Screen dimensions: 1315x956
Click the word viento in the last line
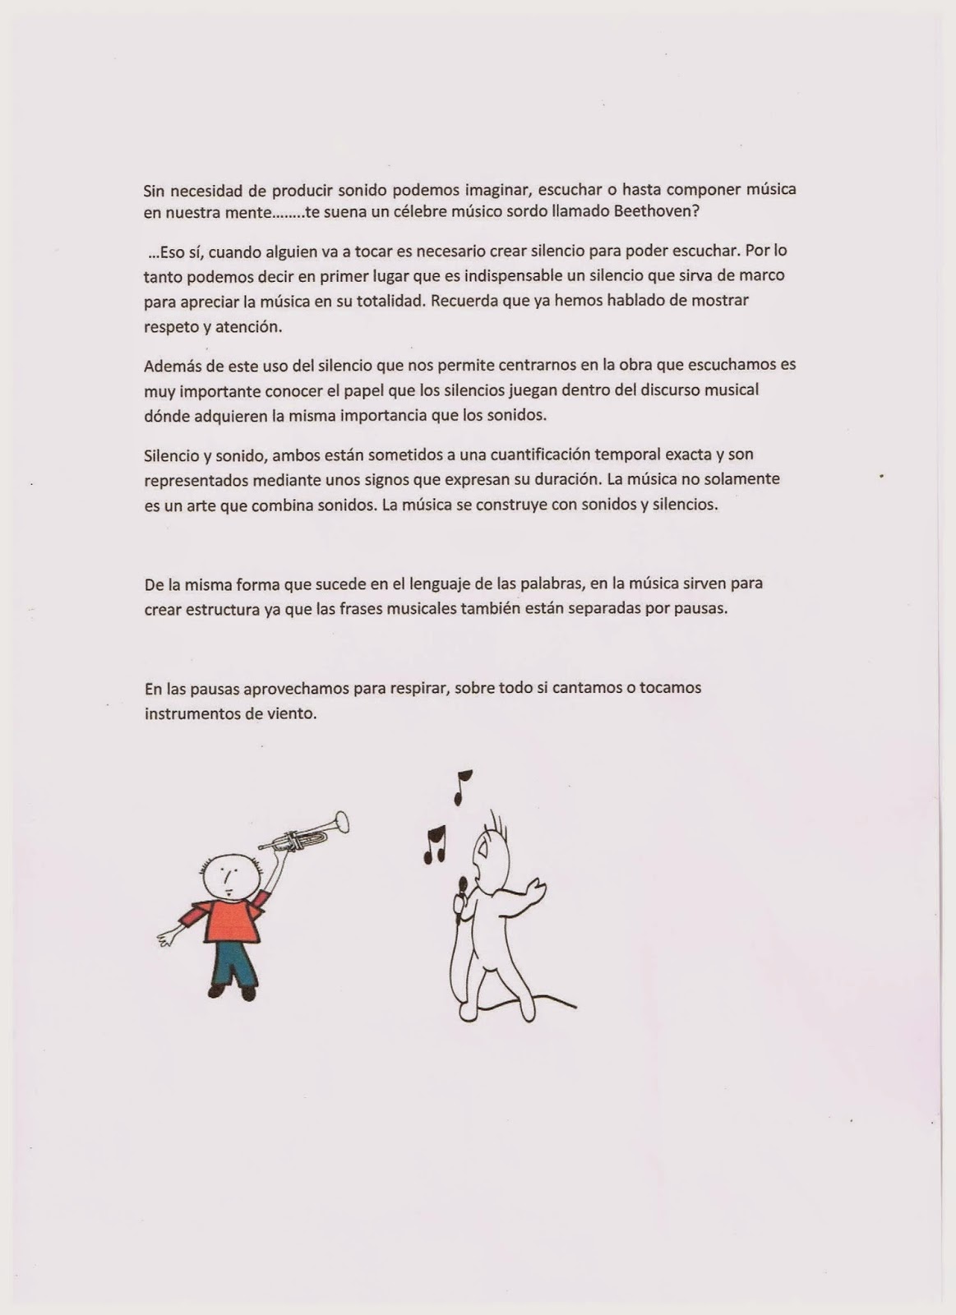point(291,713)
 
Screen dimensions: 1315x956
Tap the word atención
point(250,325)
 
